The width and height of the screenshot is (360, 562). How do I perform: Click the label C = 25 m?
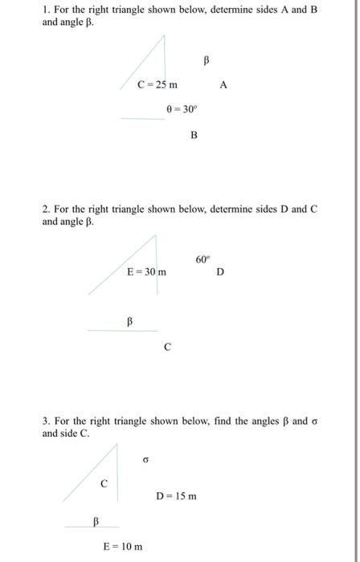click(x=157, y=83)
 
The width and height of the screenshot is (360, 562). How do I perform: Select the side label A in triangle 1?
click(x=223, y=83)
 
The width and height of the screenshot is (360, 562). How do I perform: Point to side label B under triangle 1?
click(x=194, y=135)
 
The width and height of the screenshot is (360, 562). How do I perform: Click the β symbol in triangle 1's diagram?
click(x=206, y=59)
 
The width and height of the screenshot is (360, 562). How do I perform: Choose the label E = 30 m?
click(x=147, y=273)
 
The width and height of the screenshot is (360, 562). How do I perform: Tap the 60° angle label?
click(x=202, y=259)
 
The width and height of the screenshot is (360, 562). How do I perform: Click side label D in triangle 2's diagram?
click(x=220, y=273)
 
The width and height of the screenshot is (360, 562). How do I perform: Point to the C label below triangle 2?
click(x=167, y=348)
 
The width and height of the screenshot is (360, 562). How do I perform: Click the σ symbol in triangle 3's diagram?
click(x=145, y=461)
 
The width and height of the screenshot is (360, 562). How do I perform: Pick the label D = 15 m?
click(x=177, y=496)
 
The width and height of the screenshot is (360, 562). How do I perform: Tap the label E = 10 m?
click(x=124, y=547)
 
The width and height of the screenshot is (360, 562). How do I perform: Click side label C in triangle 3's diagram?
click(x=103, y=483)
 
